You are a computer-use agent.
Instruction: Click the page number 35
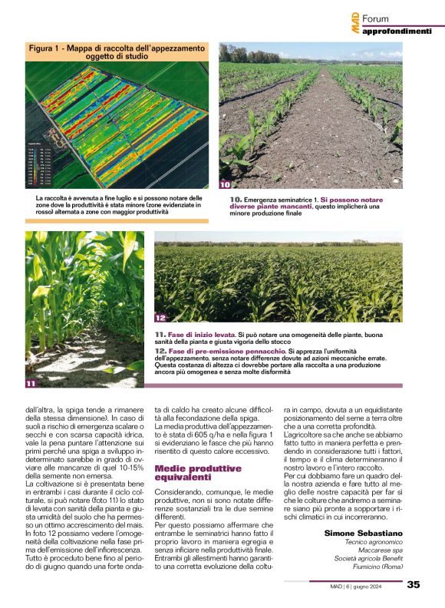coord(414,584)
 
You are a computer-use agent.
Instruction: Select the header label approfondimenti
coord(397,31)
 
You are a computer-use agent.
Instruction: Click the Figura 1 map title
coord(117,52)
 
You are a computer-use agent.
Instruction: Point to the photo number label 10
coord(225,184)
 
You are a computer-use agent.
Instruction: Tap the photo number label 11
coord(31,382)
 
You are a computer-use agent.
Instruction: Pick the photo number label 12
coord(160,317)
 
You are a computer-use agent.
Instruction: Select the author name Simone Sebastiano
coord(364,533)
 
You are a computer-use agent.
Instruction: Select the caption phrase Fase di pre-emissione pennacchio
coord(216,350)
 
